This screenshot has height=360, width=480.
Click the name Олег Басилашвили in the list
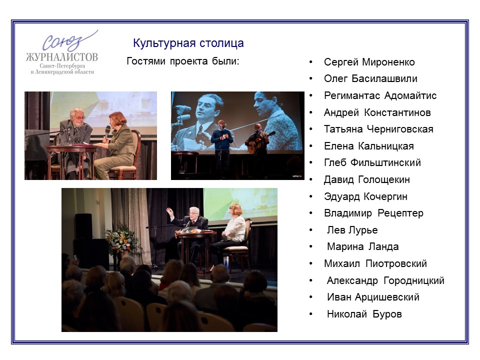(370, 78)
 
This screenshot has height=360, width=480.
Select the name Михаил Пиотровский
(375, 263)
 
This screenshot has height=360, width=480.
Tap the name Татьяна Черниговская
(378, 129)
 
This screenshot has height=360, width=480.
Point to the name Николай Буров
(364, 314)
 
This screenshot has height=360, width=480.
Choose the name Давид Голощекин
(366, 179)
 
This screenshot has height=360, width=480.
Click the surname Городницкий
(414, 280)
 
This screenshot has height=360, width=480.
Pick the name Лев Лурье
(352, 230)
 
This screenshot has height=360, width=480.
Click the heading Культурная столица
(188, 43)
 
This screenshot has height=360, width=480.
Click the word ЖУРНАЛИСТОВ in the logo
(62, 57)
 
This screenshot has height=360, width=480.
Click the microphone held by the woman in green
(107, 132)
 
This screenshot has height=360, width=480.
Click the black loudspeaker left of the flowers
(83, 226)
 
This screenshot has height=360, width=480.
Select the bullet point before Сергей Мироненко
(311, 62)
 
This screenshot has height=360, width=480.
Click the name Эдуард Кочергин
(365, 196)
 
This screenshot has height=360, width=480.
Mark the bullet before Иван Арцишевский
(311, 297)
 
